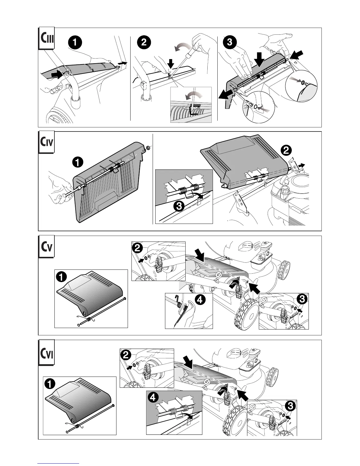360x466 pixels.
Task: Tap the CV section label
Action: tap(46, 247)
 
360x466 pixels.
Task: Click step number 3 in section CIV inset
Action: tap(179, 207)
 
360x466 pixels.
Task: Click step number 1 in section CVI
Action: tap(50, 384)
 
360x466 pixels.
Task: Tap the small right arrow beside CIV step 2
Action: tap(301, 165)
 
